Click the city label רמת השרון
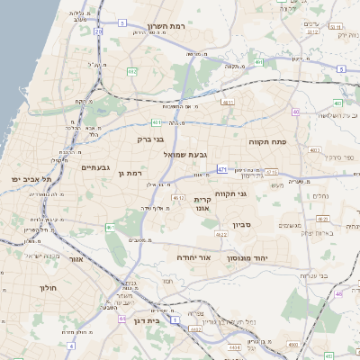(164, 28)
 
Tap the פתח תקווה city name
(267, 141)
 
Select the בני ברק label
(150, 139)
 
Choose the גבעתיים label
(94, 167)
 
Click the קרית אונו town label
(202, 203)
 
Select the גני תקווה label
(232, 193)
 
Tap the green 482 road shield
(132, 71)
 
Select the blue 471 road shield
(222, 168)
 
